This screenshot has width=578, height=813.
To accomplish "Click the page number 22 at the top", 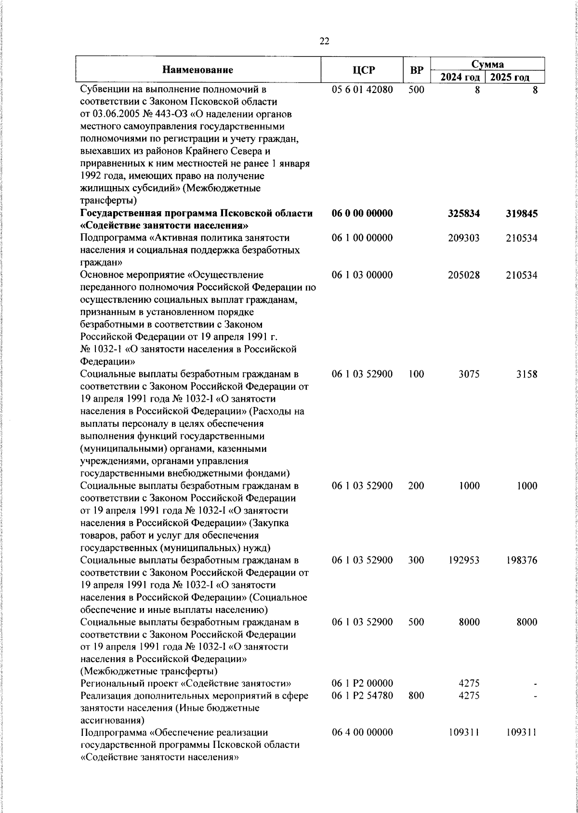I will pyautogui.click(x=324, y=41).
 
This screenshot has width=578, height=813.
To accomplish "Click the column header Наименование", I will pyautogui.click(x=197, y=70).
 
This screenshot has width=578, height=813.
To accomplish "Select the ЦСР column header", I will pyautogui.click(x=362, y=70).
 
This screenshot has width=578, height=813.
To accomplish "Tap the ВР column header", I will pyautogui.click(x=416, y=70).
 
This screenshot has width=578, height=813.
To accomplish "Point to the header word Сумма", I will pyautogui.click(x=487, y=64).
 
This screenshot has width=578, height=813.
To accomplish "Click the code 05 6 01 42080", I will pyautogui.click(x=362, y=90).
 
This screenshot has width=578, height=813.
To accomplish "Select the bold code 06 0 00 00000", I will pyautogui.click(x=362, y=214).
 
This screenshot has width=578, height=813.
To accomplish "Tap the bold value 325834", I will pyautogui.click(x=463, y=214).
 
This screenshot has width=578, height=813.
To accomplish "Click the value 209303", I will pyautogui.click(x=463, y=238).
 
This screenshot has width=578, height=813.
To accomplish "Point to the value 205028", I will pyautogui.click(x=463, y=275).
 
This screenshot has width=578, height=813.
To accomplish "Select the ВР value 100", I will pyautogui.click(x=416, y=374).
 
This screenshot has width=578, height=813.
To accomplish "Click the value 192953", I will pyautogui.click(x=463, y=560).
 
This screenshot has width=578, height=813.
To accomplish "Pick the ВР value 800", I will pyautogui.click(x=416, y=696).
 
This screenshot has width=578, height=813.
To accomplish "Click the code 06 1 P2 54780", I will pyautogui.click(x=362, y=696).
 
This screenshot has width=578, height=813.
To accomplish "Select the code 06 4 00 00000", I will pyautogui.click(x=362, y=746).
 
